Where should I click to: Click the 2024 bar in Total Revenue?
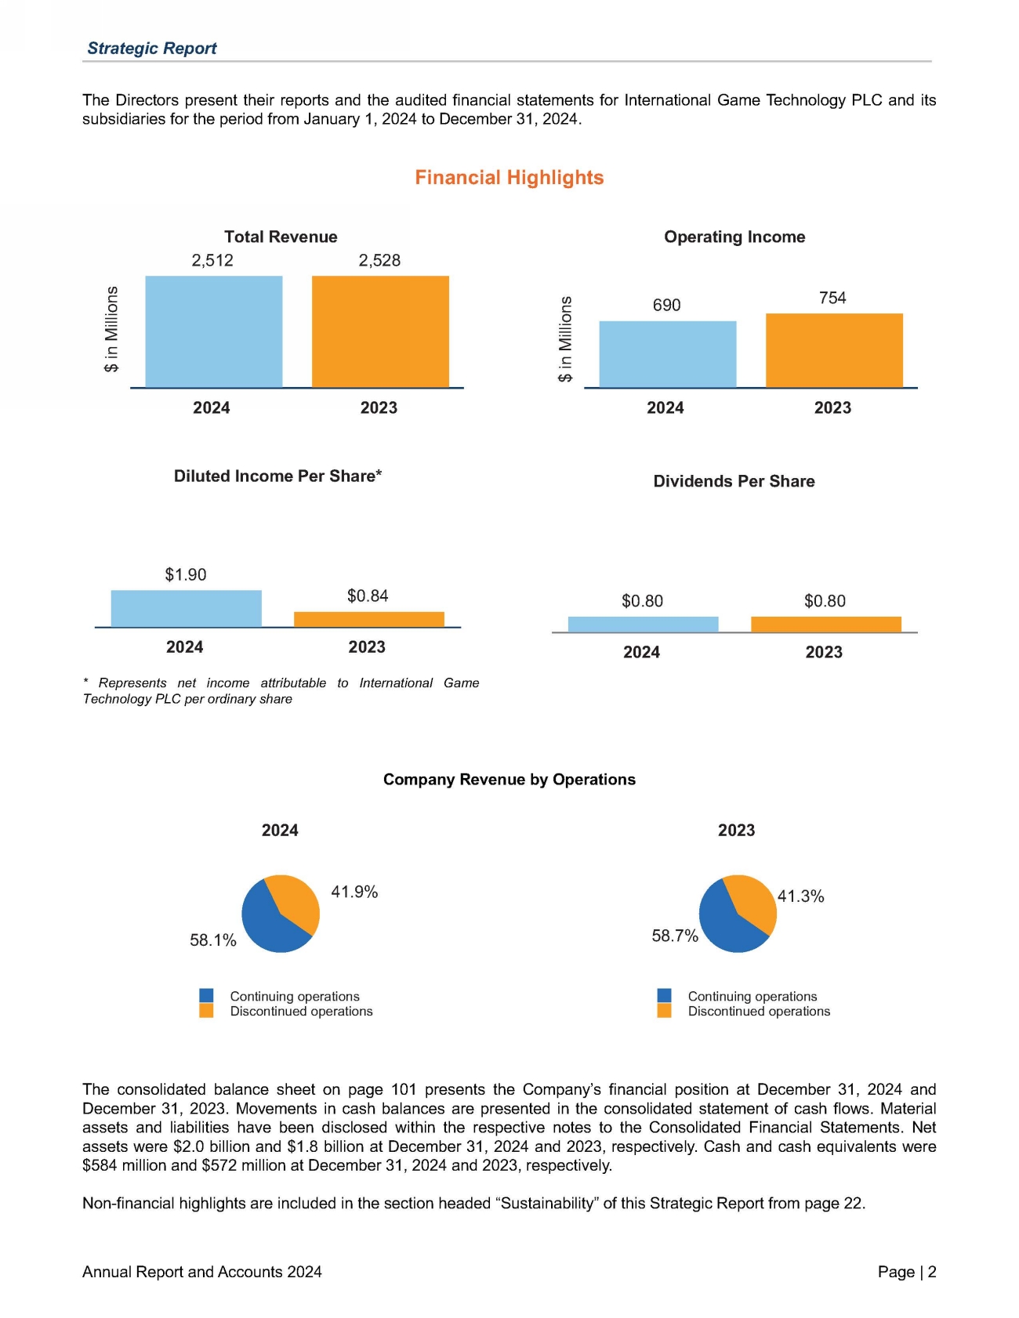point(213,331)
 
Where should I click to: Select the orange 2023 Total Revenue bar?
point(380,331)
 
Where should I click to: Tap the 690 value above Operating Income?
point(666,305)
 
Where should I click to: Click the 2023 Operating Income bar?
point(834,350)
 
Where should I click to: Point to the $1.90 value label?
point(186,574)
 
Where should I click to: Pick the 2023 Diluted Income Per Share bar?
point(368,619)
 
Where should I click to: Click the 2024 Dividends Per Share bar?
point(643,625)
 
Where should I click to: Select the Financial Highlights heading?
point(509,178)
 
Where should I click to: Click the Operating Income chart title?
point(734,237)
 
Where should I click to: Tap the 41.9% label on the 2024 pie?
point(354,892)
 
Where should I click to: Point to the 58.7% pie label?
point(675,936)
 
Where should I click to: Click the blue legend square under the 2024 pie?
point(206,995)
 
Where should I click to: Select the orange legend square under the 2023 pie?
point(664,1011)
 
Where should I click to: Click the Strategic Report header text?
point(152,48)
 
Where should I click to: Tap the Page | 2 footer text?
point(907,1272)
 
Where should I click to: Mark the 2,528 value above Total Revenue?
point(379,260)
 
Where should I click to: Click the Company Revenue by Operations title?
point(509,780)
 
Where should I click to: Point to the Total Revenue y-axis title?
point(112,329)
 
